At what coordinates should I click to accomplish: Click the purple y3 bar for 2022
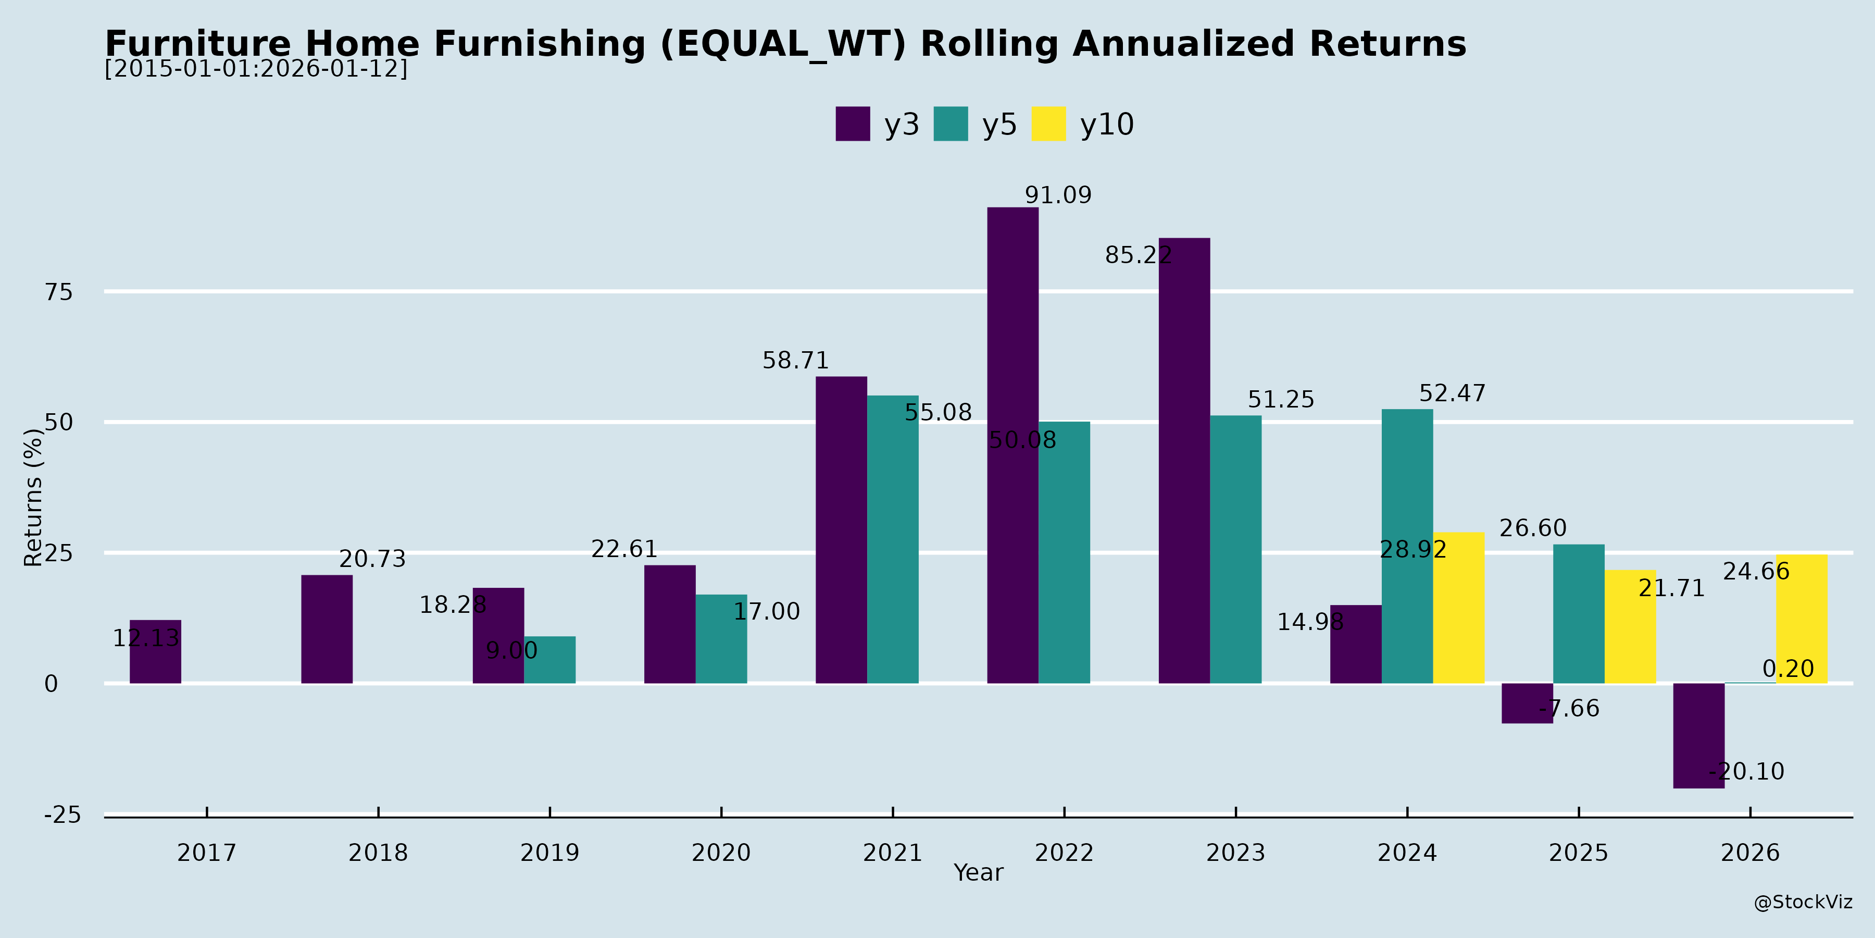tap(1013, 445)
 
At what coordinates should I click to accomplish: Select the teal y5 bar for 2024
tap(1407, 546)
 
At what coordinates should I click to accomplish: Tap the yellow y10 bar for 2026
tap(1802, 619)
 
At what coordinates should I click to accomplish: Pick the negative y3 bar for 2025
tap(1527, 703)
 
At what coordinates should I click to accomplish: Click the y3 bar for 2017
tap(155, 652)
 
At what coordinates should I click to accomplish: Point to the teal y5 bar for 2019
tap(549, 660)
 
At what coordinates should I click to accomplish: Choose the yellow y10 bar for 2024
tap(1459, 608)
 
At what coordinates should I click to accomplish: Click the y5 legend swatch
tap(951, 124)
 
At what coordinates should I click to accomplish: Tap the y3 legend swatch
tap(852, 124)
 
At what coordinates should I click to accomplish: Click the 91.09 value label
tap(1058, 195)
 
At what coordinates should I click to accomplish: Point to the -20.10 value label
tap(1747, 771)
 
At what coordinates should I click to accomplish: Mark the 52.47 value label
tap(1452, 393)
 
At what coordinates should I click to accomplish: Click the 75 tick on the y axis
tap(59, 292)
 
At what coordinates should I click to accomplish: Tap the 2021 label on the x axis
tap(892, 852)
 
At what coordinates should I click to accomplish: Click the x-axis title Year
tap(978, 872)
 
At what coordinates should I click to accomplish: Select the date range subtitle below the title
tap(256, 69)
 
